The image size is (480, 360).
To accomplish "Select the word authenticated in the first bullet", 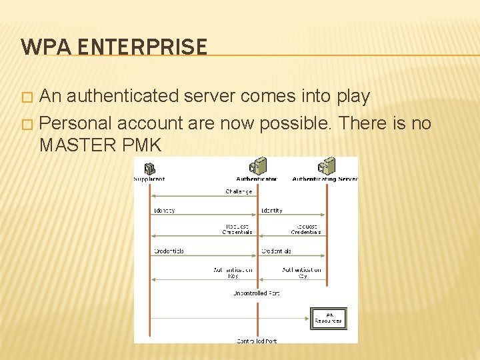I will click(x=119, y=96).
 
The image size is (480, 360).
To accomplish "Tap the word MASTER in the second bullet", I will click(x=81, y=144).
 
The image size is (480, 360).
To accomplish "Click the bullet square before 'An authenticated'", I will click(x=27, y=97).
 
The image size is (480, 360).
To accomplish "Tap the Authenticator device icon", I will click(x=257, y=166).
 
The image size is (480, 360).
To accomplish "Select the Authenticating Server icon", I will click(x=326, y=166).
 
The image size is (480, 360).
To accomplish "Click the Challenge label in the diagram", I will click(x=238, y=192).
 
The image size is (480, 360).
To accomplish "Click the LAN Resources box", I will click(x=329, y=318).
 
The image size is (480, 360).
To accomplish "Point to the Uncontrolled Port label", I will click(x=255, y=293).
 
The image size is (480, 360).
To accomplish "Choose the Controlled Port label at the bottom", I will click(x=257, y=341).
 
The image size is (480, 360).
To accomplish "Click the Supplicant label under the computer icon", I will click(x=149, y=179).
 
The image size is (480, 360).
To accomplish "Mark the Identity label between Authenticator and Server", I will click(x=271, y=211).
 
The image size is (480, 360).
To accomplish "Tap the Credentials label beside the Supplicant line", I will click(x=169, y=251).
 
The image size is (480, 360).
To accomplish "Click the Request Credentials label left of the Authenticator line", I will click(x=237, y=229).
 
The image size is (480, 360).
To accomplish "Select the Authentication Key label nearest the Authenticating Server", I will click(x=301, y=273).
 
